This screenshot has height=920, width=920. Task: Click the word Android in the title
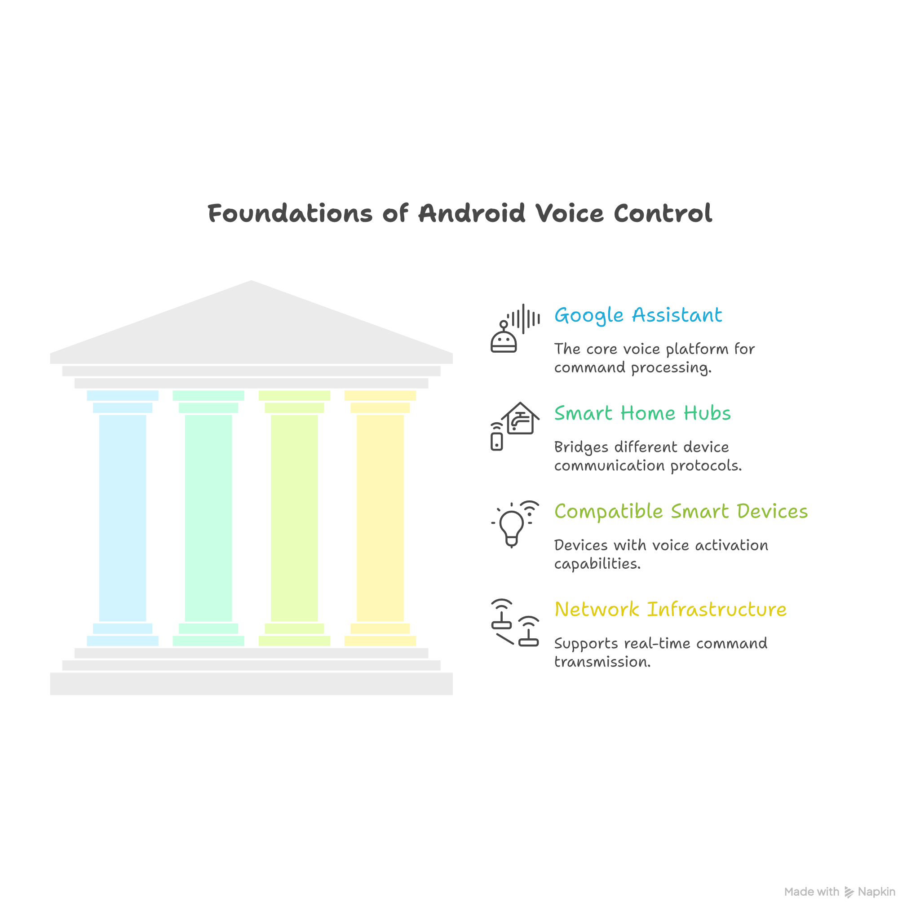click(471, 213)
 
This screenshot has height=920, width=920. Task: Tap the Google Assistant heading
click(638, 315)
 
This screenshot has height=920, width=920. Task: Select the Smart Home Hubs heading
click(642, 413)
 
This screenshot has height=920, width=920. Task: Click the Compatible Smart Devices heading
click(681, 511)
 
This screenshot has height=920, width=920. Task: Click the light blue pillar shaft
click(122, 518)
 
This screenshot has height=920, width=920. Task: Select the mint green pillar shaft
click(208, 518)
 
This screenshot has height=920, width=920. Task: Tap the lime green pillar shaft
click(294, 518)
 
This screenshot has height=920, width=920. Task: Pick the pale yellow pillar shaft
click(380, 518)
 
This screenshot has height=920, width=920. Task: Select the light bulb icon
click(511, 526)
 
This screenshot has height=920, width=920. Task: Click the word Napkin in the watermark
click(877, 892)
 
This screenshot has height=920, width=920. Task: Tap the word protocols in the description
click(706, 466)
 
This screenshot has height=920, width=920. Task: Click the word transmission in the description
click(602, 662)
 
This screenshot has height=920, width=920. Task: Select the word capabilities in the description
click(597, 564)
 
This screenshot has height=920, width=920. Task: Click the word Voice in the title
click(570, 213)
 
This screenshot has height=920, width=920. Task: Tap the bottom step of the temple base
click(252, 684)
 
